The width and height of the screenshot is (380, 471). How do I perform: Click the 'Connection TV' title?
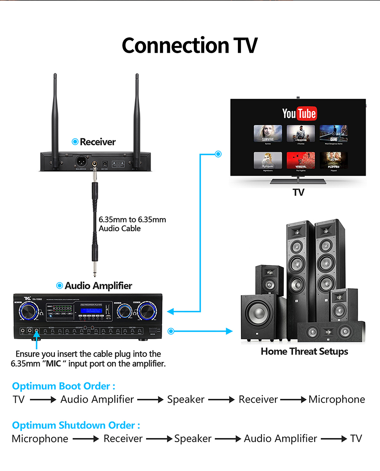point(190,46)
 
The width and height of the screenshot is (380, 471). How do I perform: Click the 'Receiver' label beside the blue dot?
point(98,142)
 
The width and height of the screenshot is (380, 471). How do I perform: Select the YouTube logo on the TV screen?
point(299,113)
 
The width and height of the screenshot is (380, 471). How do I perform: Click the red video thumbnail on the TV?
point(301,160)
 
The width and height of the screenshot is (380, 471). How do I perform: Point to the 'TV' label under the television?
point(298,192)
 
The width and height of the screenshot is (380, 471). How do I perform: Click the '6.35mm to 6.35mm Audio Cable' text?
point(132,224)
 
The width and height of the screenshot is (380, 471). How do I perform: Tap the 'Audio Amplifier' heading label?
point(98,286)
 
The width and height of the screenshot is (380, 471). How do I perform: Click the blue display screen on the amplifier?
point(91,310)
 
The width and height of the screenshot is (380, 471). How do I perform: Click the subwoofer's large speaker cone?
point(257,313)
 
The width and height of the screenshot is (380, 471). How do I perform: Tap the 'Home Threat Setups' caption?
point(304,351)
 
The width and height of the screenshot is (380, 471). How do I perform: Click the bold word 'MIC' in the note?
point(53,364)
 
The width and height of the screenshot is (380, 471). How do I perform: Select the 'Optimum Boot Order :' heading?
point(63,386)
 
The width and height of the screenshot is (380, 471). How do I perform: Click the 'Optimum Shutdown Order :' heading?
point(76,425)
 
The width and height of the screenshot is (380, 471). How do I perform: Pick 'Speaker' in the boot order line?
point(186,399)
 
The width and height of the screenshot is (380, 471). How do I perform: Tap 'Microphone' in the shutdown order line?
point(40,439)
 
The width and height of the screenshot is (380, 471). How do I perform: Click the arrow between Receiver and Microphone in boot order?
point(293,399)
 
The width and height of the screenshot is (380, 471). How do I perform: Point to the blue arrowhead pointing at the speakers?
point(229,331)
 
